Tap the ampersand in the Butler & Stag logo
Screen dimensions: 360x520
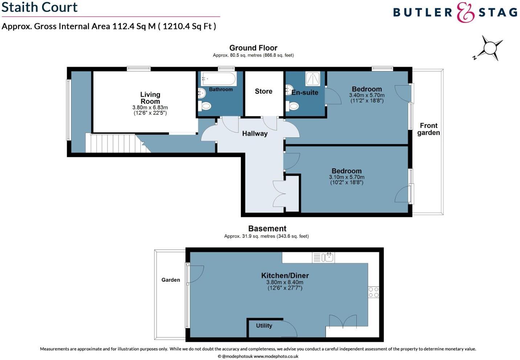[465, 12]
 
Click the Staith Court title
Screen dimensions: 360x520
[40, 7]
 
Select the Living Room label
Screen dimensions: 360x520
[150, 98]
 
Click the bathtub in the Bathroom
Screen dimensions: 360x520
[219, 78]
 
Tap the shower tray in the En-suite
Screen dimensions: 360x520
[312, 78]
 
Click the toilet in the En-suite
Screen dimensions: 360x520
[292, 106]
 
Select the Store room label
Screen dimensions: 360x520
[263, 91]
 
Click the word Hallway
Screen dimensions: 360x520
[255, 134]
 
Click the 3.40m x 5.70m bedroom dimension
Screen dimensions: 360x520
[367, 95]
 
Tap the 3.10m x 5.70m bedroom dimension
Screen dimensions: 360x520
[347, 177]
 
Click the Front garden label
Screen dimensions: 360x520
[428, 129]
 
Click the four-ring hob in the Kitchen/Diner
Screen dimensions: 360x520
[373, 292]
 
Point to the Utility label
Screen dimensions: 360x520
[264, 326]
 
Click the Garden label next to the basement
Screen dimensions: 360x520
[171, 280]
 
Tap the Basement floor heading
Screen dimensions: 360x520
[267, 229]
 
